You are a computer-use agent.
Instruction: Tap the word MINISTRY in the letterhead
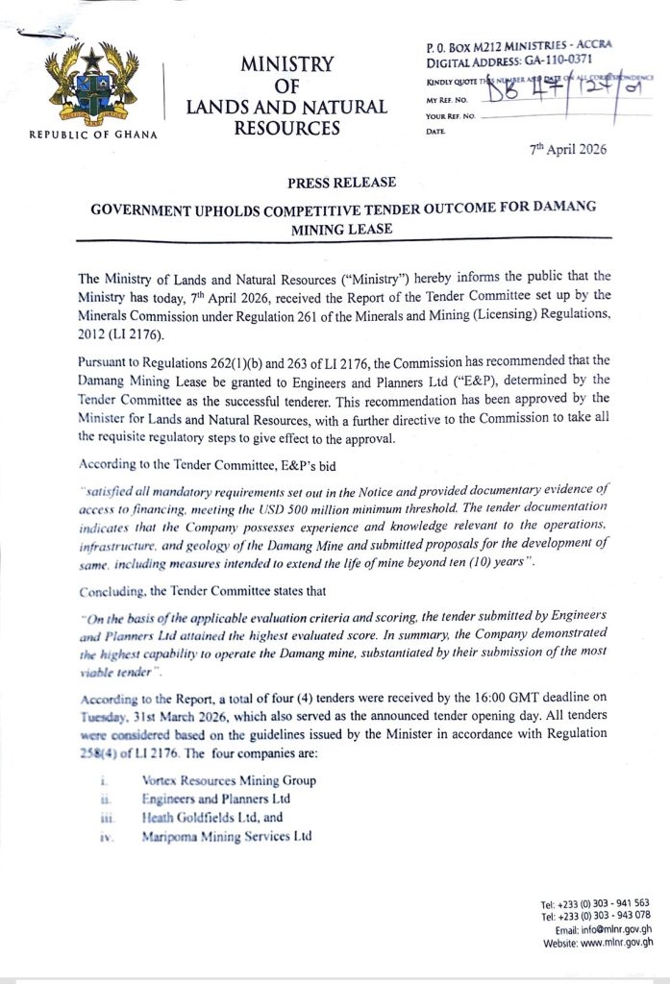click(x=286, y=65)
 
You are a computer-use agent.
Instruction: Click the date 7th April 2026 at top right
click(x=568, y=150)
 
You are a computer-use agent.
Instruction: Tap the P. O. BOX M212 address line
click(x=519, y=45)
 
